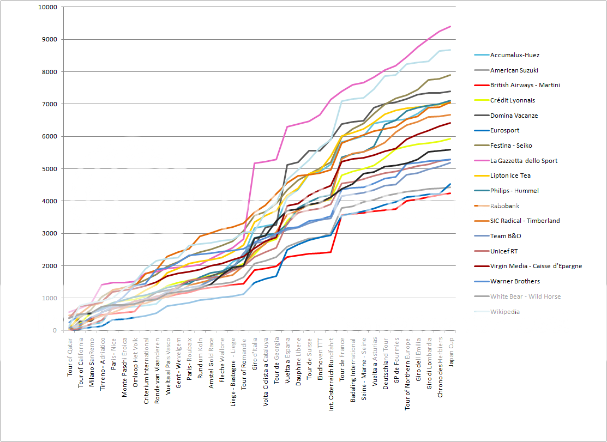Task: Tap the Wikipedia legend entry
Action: (x=504, y=312)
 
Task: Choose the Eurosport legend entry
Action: (x=504, y=130)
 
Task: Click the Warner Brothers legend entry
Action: (x=515, y=281)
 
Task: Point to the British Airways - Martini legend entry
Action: (x=525, y=85)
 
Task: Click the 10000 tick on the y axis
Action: (x=48, y=8)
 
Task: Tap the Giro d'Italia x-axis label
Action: (x=255, y=355)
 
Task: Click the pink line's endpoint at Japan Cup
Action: (x=450, y=26)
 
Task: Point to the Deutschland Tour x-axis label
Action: (x=386, y=361)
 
